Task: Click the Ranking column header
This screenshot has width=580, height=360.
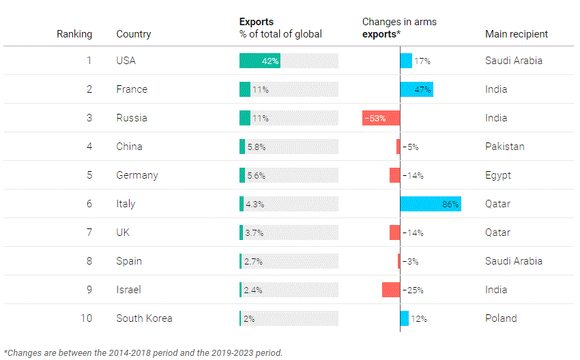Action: tap(74, 34)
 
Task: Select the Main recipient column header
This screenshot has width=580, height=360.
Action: tap(516, 34)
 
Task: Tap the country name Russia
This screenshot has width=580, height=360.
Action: tap(132, 118)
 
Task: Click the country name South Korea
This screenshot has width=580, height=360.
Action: tap(144, 318)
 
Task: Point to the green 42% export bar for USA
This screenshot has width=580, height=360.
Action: tap(259, 61)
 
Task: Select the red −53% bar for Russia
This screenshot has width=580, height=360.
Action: tap(381, 118)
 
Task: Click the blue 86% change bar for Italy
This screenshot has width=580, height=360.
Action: tap(430, 204)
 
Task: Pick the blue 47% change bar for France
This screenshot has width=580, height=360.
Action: tap(416, 89)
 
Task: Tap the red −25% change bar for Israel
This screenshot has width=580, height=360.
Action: tap(391, 290)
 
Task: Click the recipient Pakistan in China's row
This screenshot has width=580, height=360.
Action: tap(504, 147)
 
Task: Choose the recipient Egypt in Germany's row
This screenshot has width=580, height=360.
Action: tap(498, 175)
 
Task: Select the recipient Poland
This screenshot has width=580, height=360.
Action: tap(501, 318)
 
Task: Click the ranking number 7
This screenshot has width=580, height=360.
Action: tap(89, 232)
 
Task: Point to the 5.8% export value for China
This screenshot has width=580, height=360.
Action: tap(256, 147)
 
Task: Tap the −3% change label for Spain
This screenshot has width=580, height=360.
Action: tap(410, 261)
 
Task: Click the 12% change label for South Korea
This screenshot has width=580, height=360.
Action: tap(419, 318)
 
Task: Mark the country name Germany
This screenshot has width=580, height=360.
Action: tap(137, 175)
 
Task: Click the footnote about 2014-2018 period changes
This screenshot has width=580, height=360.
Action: tap(143, 352)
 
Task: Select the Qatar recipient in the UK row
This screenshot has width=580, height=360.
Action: tap(497, 232)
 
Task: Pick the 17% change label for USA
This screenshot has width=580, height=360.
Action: tap(422, 61)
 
